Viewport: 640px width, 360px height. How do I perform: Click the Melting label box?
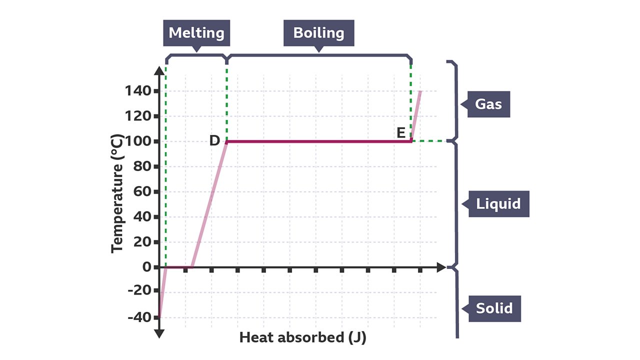[x=196, y=33]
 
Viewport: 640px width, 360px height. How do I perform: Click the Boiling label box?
[x=318, y=33]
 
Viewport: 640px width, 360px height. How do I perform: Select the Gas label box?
[x=488, y=104]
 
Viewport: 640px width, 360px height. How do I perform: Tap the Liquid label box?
[x=498, y=204]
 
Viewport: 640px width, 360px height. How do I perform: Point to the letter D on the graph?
[x=214, y=140]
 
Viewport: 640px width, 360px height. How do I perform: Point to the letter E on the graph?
[x=401, y=133]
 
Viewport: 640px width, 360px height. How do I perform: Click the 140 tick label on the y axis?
[x=139, y=91]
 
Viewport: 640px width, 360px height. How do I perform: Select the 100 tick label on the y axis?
[x=139, y=141]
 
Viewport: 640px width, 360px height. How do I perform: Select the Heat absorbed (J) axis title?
[x=302, y=337]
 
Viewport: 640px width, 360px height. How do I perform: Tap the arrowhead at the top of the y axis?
[x=159, y=71]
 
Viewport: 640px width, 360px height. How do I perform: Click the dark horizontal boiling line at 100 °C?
[x=320, y=141]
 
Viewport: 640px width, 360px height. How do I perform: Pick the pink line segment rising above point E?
[x=416, y=114]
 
